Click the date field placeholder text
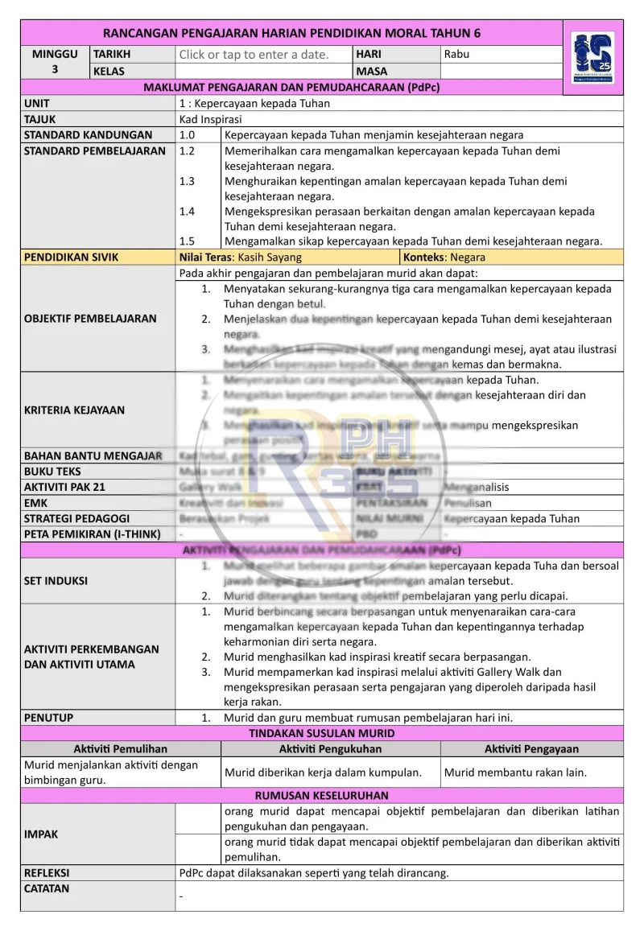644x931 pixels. tap(254, 55)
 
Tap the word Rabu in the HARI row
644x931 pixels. tap(456, 55)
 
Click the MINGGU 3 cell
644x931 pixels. tap(55, 62)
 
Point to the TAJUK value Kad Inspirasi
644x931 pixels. tap(211, 119)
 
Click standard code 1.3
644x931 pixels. tap(188, 181)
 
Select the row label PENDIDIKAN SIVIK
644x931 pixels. tap(71, 257)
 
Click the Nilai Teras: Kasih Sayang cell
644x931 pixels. tap(241, 257)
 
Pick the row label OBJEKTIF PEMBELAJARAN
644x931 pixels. tap(90, 319)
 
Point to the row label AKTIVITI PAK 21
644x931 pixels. tap(64, 487)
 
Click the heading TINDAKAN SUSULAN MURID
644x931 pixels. tap(322, 733)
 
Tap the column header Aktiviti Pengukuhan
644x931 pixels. tap(330, 749)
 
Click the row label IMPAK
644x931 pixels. tap(42, 834)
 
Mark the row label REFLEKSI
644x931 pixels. tap(47, 872)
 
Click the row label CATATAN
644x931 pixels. tap(47, 888)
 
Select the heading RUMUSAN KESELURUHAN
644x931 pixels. tap(322, 796)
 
